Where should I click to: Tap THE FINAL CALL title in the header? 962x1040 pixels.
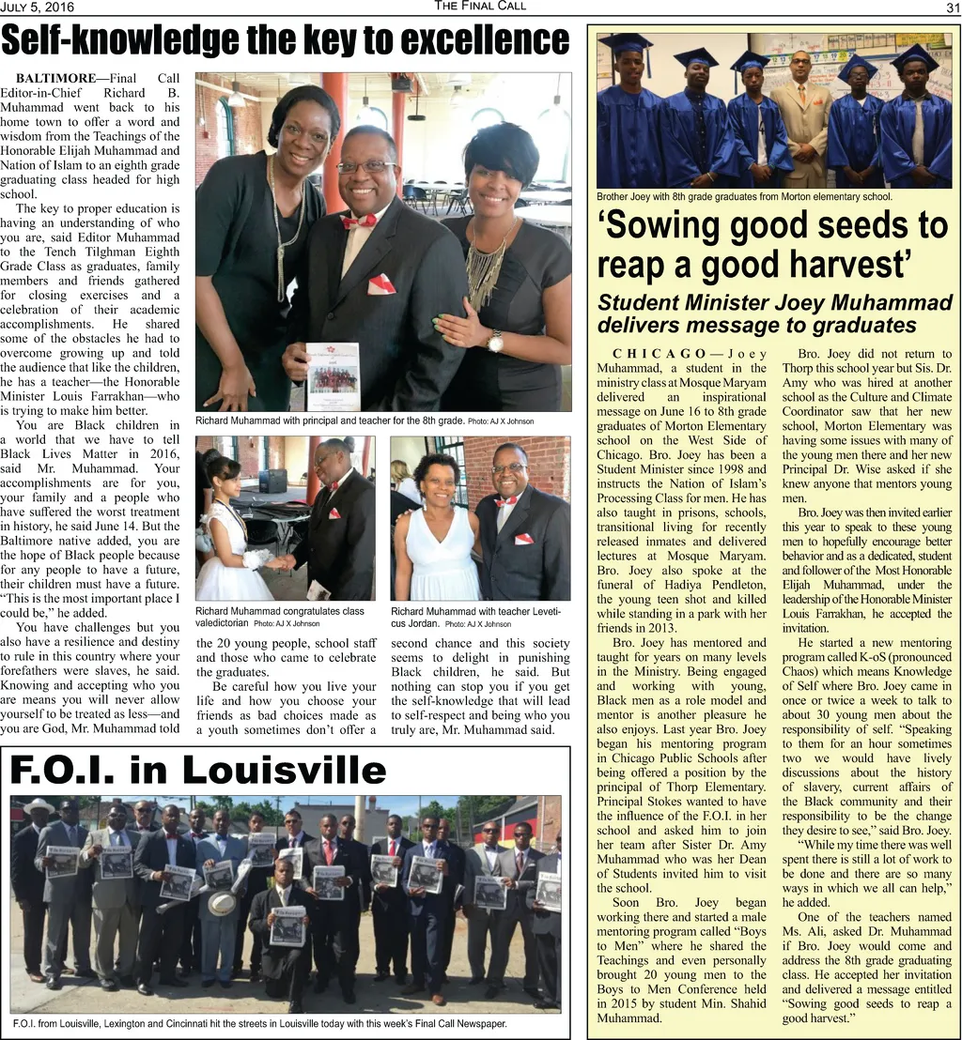(x=480, y=7)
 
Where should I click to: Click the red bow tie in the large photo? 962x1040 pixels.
(x=359, y=222)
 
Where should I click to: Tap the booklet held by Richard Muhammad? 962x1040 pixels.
(x=333, y=376)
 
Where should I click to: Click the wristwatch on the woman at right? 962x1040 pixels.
(x=495, y=342)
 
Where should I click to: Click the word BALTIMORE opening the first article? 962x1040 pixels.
(x=55, y=78)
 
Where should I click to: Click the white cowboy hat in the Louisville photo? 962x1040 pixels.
(x=39, y=806)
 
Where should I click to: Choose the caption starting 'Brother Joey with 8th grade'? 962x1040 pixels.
(x=744, y=197)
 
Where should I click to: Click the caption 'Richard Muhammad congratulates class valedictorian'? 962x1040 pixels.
(x=280, y=617)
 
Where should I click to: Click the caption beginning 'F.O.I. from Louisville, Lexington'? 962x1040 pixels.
(x=258, y=1023)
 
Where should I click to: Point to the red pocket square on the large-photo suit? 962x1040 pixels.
(x=380, y=283)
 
